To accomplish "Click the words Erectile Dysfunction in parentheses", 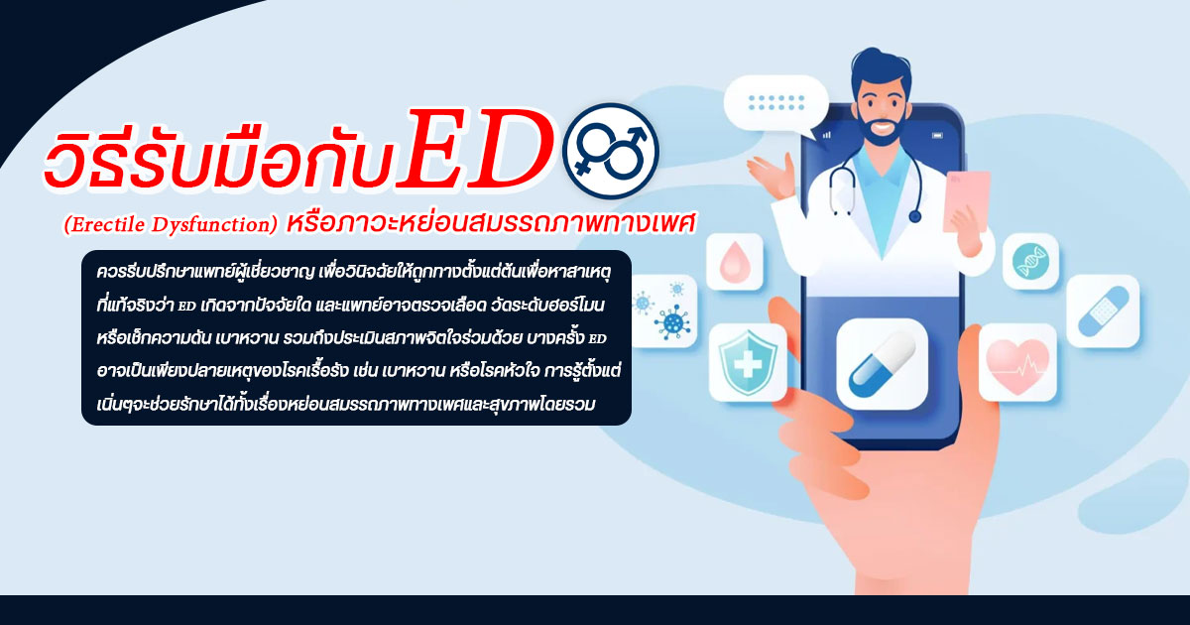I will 170,226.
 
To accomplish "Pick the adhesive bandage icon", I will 1102,311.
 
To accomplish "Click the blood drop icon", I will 735,261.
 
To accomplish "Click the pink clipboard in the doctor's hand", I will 966,198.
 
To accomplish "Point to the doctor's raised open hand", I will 767,178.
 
